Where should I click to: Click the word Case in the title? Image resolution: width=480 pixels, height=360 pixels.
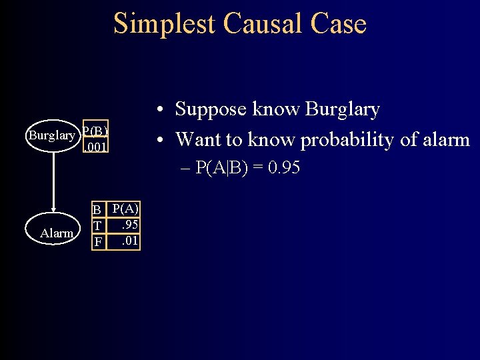click(340, 23)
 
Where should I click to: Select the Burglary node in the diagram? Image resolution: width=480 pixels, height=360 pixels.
click(51, 135)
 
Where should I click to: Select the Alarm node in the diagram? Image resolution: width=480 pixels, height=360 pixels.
click(56, 233)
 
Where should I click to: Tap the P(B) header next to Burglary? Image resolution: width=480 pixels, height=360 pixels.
click(95, 130)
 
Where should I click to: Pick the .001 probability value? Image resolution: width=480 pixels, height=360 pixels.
click(95, 145)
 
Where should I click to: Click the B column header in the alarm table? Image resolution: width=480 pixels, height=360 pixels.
click(97, 211)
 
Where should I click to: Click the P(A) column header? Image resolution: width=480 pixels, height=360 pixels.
click(125, 209)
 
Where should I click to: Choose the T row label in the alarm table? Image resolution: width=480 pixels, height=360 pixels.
click(97, 226)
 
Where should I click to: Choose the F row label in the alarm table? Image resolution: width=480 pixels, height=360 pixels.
click(97, 241)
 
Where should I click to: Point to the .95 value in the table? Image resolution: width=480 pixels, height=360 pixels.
click(129, 225)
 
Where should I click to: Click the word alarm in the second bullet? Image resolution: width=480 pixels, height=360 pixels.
click(449, 140)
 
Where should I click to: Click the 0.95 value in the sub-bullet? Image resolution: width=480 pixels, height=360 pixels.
click(283, 168)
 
